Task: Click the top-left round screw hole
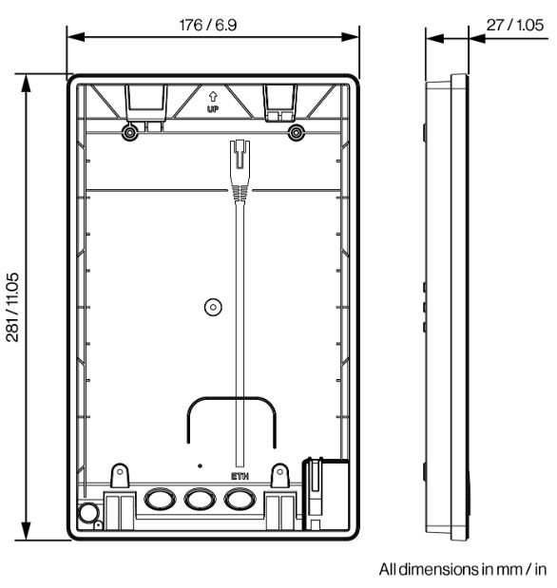pos(128,132)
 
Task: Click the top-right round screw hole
pos(298,132)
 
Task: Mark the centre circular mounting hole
pos(213,307)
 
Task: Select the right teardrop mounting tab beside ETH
pos(280,473)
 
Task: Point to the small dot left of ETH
pos(200,466)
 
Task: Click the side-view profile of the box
pos(447,309)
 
